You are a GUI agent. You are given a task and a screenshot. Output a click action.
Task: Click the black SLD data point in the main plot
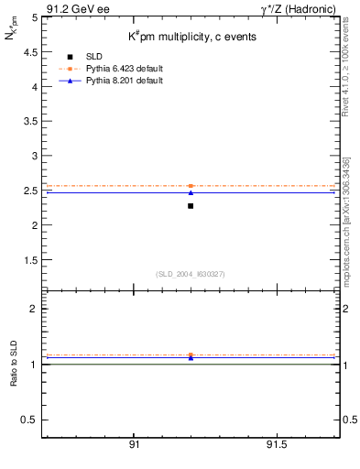pos(191,206)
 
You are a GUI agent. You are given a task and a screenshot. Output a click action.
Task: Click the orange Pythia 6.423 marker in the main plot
pos(191,186)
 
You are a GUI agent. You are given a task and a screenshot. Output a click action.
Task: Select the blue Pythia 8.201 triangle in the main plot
pos(191,192)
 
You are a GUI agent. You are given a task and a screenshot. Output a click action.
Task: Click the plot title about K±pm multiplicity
pos(191,38)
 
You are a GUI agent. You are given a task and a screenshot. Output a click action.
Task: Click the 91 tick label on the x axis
pos(134,444)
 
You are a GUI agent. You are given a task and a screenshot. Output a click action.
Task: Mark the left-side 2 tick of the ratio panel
pos(33,309)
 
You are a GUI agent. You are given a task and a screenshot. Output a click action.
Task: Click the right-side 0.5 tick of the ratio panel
pos(349,420)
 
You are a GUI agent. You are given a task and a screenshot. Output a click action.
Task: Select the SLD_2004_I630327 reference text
pos(191,274)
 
